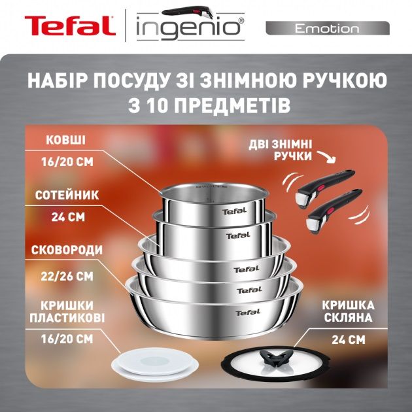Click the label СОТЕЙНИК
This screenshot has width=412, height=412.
click(x=66, y=194)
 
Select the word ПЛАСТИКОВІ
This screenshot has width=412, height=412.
click(x=66, y=317)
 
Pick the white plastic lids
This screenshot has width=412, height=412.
click(x=151, y=361)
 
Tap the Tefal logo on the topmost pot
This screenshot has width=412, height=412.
click(x=235, y=211)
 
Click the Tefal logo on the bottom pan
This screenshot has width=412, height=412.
click(x=248, y=312)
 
